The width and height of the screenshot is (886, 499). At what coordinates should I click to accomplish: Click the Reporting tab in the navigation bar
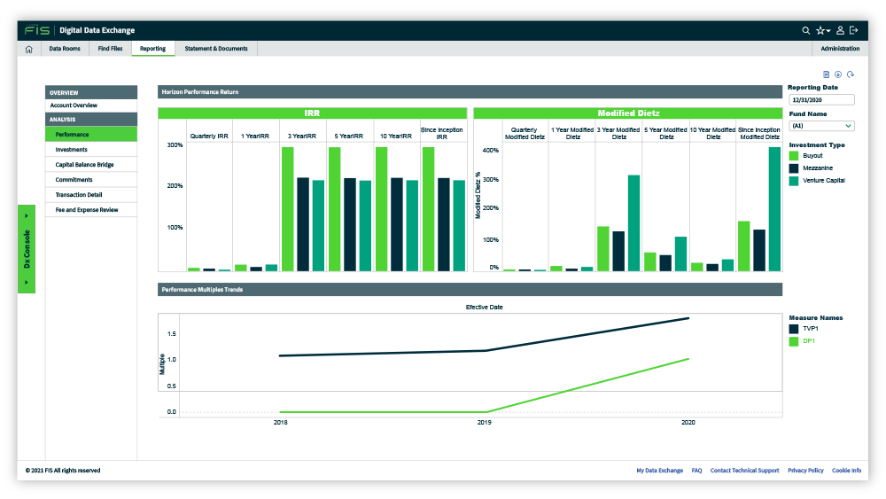[x=152, y=49]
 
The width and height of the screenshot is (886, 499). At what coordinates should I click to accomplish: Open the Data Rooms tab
[x=65, y=49]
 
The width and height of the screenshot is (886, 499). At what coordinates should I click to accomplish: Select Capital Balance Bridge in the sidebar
[x=84, y=165]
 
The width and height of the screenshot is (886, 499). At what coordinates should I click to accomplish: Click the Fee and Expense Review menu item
[x=87, y=210]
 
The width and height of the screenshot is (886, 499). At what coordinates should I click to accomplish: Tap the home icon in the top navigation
[x=29, y=49]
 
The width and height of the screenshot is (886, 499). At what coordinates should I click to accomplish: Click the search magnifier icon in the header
[x=805, y=30]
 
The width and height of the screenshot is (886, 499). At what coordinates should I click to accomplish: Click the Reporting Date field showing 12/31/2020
[x=821, y=100]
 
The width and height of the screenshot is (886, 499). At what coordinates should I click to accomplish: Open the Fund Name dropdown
[x=821, y=126]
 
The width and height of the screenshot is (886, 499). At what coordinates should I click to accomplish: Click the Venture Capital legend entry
[x=823, y=181]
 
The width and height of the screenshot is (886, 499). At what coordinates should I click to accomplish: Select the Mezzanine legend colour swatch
[x=793, y=168]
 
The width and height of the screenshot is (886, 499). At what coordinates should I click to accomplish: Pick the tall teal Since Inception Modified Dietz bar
[x=774, y=209]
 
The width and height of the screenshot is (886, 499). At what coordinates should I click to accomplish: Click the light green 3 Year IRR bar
[x=288, y=209]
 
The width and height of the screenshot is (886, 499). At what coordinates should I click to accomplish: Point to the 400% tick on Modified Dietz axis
[x=491, y=151]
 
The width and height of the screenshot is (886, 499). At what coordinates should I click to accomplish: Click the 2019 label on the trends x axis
[x=485, y=422]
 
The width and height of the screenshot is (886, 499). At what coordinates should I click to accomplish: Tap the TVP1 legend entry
[x=811, y=328]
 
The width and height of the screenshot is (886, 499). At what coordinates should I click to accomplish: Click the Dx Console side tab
[x=27, y=249]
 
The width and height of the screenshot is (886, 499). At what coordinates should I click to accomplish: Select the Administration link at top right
[x=840, y=49]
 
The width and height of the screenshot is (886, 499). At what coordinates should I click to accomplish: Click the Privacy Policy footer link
[x=805, y=470]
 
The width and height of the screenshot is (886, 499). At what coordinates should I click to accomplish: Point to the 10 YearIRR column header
[x=395, y=136]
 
